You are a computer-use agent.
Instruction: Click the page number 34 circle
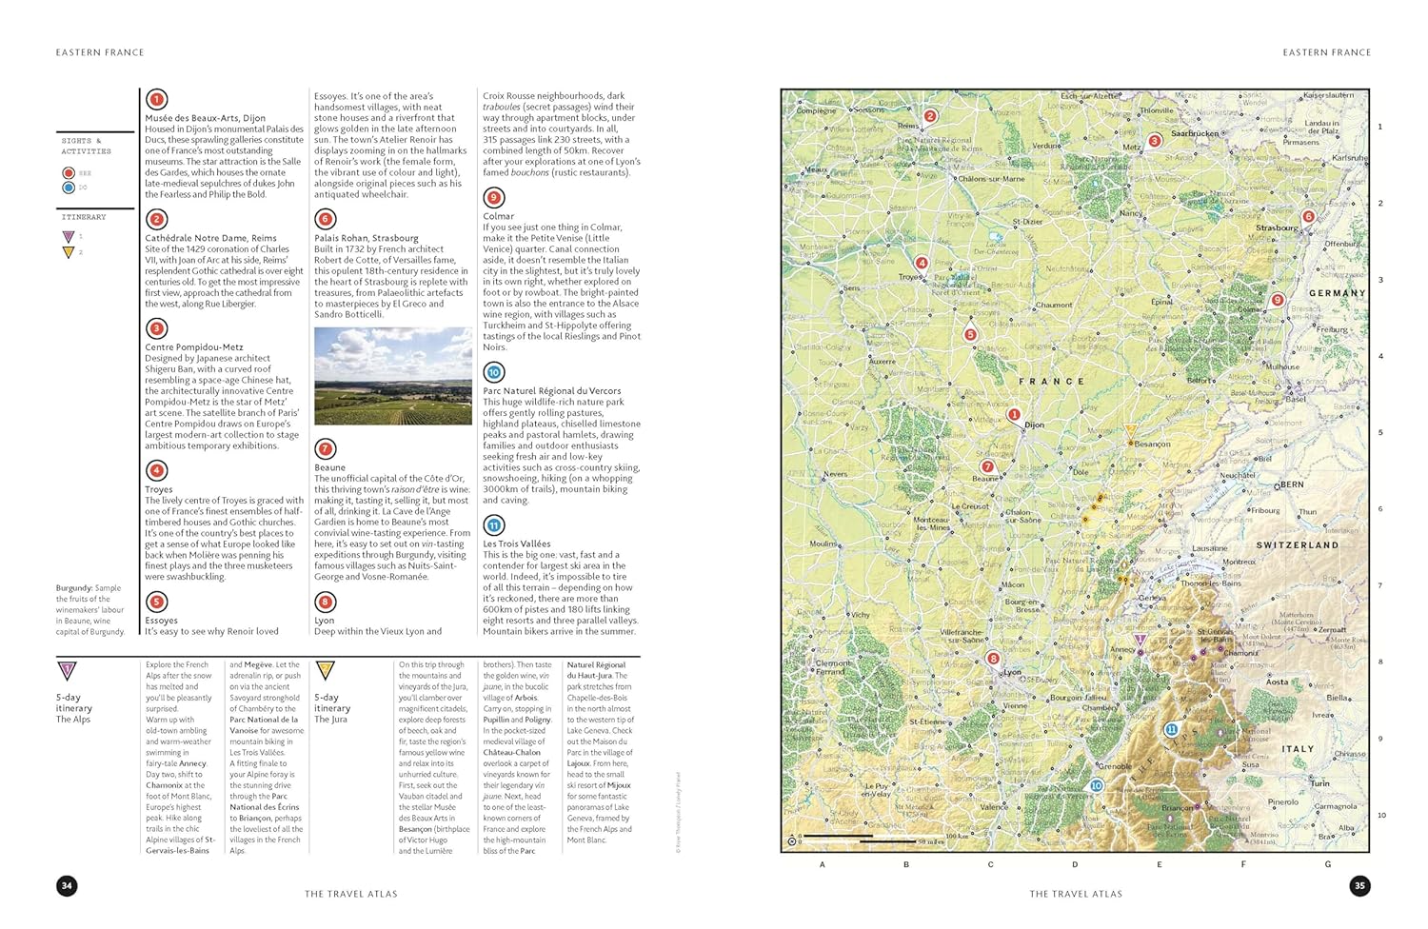tap(67, 886)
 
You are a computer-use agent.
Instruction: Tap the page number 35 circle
tap(1359, 886)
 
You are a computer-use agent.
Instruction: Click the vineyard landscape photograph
tap(393, 376)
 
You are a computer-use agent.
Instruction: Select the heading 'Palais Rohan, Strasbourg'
tap(367, 238)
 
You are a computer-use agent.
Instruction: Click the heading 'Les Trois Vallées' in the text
tap(516, 544)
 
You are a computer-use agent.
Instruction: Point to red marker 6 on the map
tap(1308, 217)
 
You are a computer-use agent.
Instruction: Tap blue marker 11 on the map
tap(1171, 730)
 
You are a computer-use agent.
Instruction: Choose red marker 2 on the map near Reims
tap(930, 116)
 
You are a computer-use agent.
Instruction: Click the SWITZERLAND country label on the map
tap(1297, 545)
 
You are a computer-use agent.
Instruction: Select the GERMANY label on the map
tap(1337, 293)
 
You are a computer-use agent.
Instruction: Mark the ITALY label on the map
tap(1297, 749)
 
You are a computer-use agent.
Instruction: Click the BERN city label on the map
tap(1292, 484)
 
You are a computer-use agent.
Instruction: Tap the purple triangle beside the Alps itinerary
tap(67, 671)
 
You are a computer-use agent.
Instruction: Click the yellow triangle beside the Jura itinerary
tap(325, 671)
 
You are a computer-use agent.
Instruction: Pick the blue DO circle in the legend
tap(69, 188)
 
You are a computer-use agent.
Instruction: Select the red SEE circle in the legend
tap(69, 173)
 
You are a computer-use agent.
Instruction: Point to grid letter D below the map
tap(1075, 864)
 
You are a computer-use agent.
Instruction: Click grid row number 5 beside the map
tap(1380, 432)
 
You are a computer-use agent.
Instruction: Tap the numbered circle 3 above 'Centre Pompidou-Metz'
tap(157, 328)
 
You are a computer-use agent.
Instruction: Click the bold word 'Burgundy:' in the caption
tap(74, 588)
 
